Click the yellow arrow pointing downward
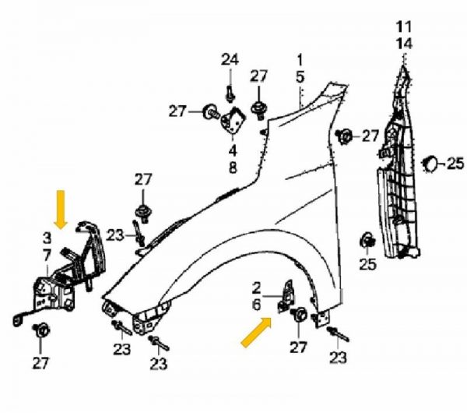61,210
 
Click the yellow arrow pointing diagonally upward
256,332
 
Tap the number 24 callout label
230,60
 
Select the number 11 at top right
404,26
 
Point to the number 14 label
404,44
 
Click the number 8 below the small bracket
233,168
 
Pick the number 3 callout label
47,238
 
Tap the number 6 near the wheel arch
256,305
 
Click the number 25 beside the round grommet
455,164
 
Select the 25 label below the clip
368,264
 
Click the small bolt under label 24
230,94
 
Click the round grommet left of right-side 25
429,164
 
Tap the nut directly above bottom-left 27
41,330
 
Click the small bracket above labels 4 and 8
233,120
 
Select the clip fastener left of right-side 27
344,136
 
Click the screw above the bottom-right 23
338,334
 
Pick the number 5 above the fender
300,76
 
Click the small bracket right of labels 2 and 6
286,296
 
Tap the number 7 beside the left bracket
47,256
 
